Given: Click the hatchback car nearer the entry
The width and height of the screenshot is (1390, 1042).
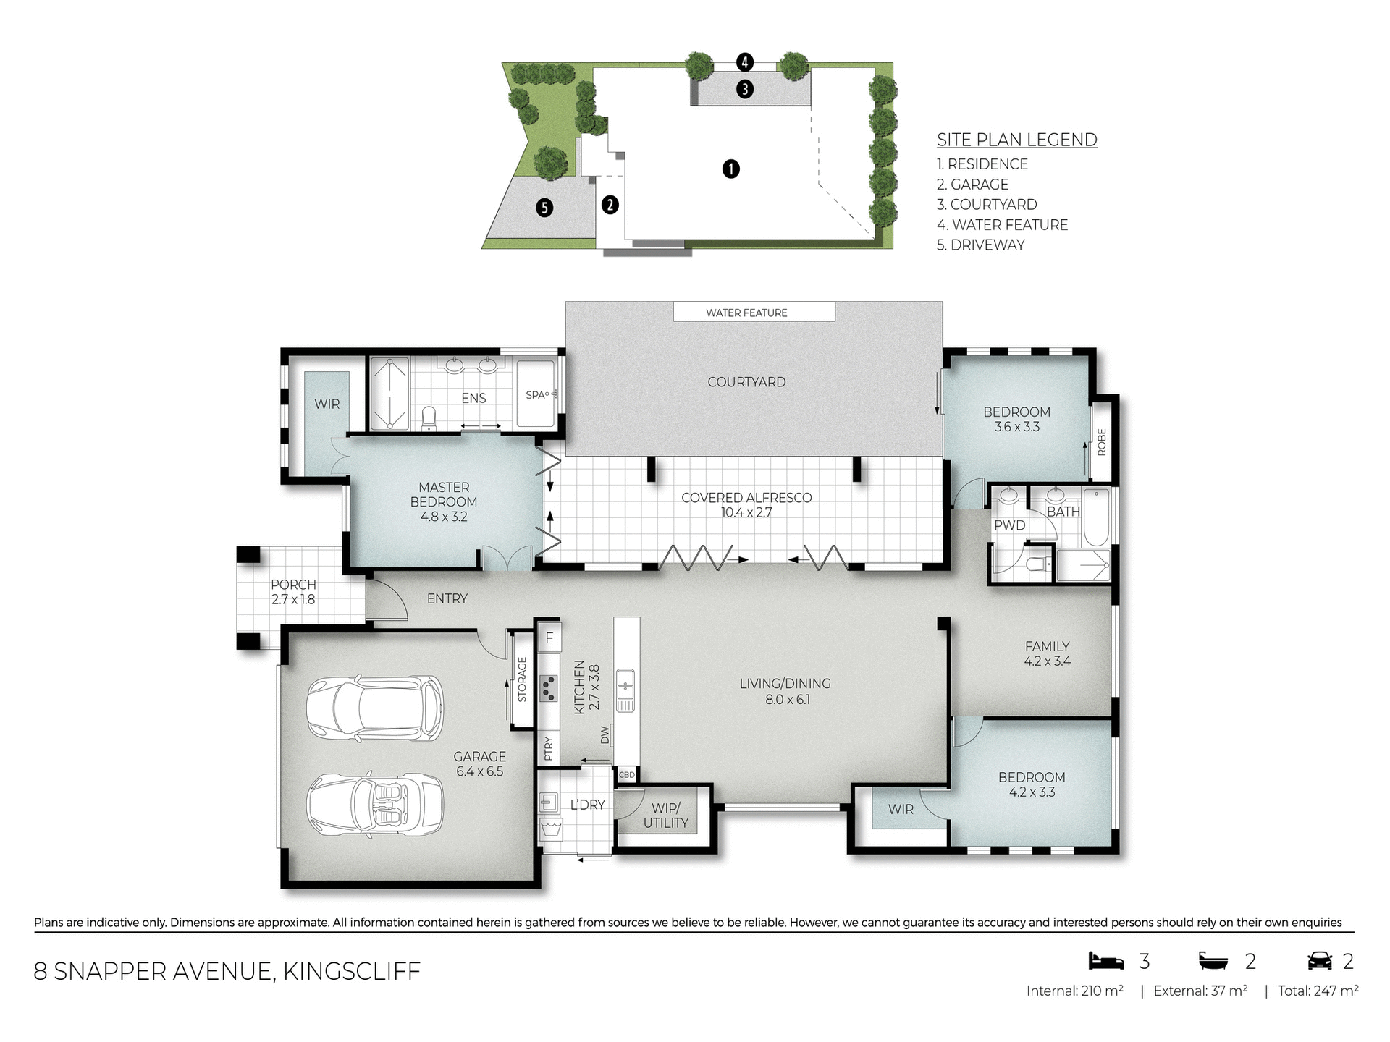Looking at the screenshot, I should (374, 709).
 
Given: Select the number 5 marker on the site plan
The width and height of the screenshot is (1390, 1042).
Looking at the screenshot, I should (544, 208).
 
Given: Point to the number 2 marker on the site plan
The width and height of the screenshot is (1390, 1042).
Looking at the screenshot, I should (610, 205).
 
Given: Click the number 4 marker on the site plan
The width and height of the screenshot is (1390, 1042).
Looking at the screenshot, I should (745, 62).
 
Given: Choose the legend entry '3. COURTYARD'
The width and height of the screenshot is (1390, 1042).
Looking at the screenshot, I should (987, 205).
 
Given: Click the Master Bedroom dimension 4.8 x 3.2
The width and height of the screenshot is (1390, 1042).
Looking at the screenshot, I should (444, 517).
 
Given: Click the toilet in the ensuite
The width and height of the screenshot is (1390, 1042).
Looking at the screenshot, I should (429, 418).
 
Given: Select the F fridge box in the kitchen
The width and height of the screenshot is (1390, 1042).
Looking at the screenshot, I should (549, 638).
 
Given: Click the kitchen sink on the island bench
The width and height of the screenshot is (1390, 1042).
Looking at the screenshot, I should (625, 690).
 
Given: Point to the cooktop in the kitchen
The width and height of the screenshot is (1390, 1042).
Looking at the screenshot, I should (549, 688).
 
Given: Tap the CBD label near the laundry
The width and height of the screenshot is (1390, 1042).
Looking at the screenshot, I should (626, 775).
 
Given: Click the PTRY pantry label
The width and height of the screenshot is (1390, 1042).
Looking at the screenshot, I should (548, 749).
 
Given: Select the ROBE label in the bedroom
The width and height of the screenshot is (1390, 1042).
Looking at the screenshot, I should (1101, 441).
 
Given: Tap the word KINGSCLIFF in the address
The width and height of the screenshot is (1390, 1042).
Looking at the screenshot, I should (352, 971).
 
